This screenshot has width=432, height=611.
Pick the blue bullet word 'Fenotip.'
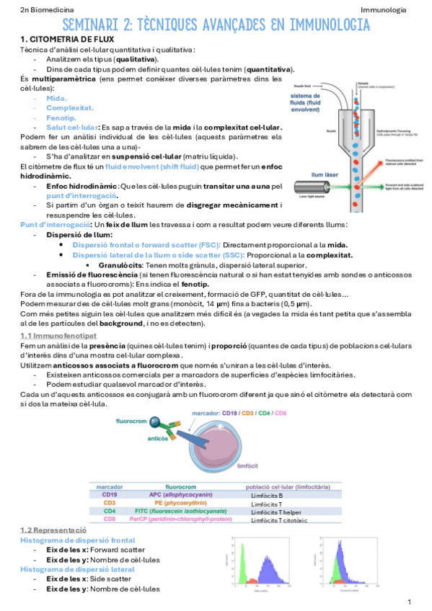(61, 117)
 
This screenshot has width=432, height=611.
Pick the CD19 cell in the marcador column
(110, 495)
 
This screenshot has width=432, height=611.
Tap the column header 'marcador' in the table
(109, 486)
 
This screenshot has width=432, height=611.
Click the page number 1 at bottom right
(409, 602)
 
